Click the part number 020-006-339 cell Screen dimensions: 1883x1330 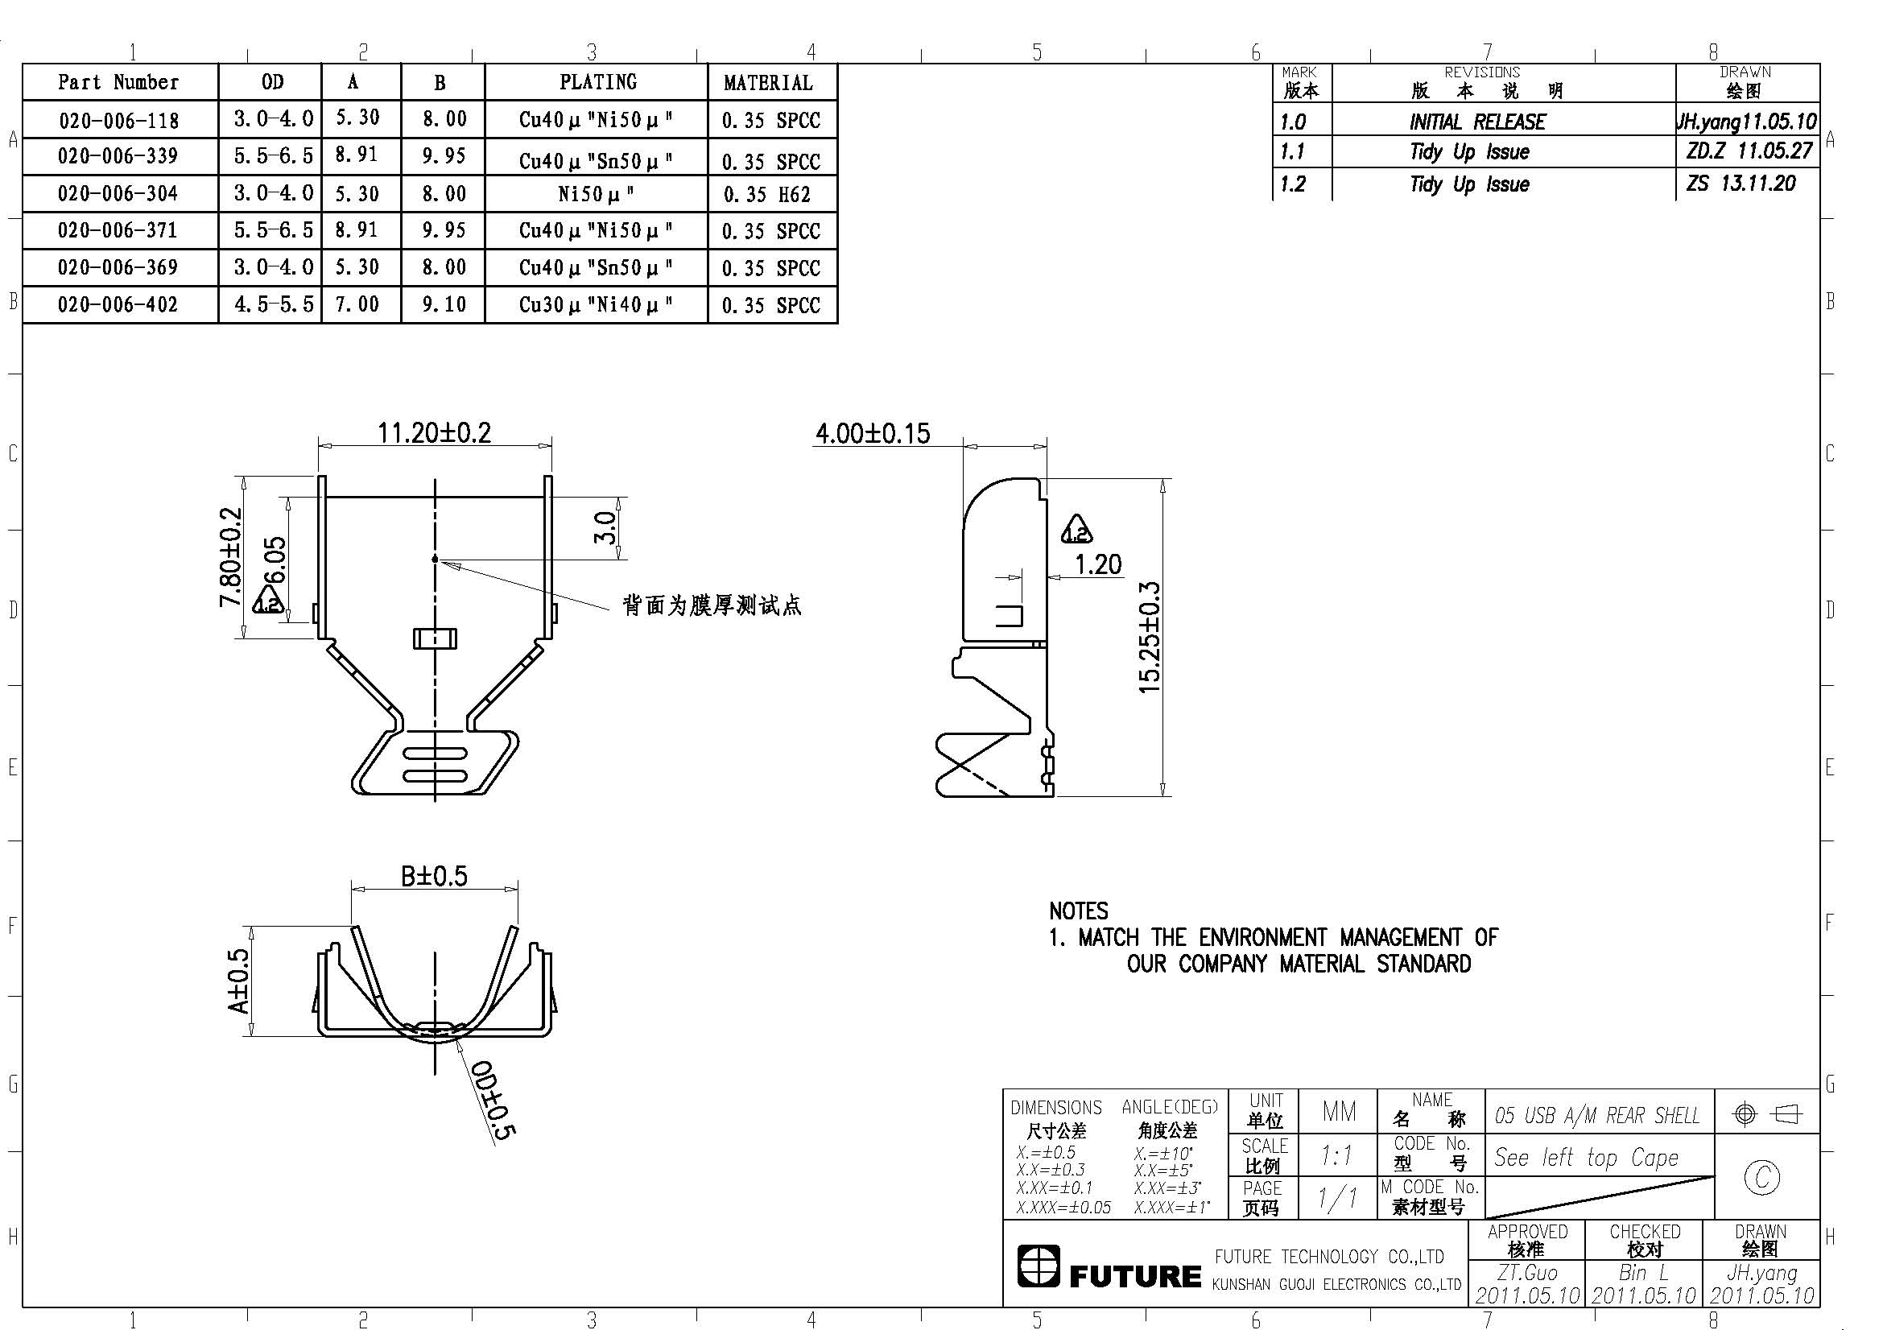[120, 156]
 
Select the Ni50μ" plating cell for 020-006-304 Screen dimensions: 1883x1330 [597, 194]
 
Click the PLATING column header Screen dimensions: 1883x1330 [598, 82]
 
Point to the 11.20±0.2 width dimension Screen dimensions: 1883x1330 [434, 432]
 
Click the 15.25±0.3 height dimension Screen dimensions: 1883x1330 [1150, 637]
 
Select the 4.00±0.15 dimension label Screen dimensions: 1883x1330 [873, 433]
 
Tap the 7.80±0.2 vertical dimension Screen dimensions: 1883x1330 [230, 557]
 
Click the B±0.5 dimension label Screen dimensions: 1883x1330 [434, 877]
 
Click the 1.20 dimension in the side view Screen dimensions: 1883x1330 [1098, 564]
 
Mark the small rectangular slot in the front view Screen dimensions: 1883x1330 [435, 638]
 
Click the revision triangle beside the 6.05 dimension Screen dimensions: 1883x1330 [268, 601]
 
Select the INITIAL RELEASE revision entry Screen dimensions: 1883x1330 [1477, 122]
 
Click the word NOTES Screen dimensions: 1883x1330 [1079, 911]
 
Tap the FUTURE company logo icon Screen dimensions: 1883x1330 [1039, 1266]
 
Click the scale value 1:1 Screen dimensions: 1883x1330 [1337, 1156]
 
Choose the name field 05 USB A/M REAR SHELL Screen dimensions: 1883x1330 [1596, 1115]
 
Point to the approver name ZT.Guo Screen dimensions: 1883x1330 [1527, 1273]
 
